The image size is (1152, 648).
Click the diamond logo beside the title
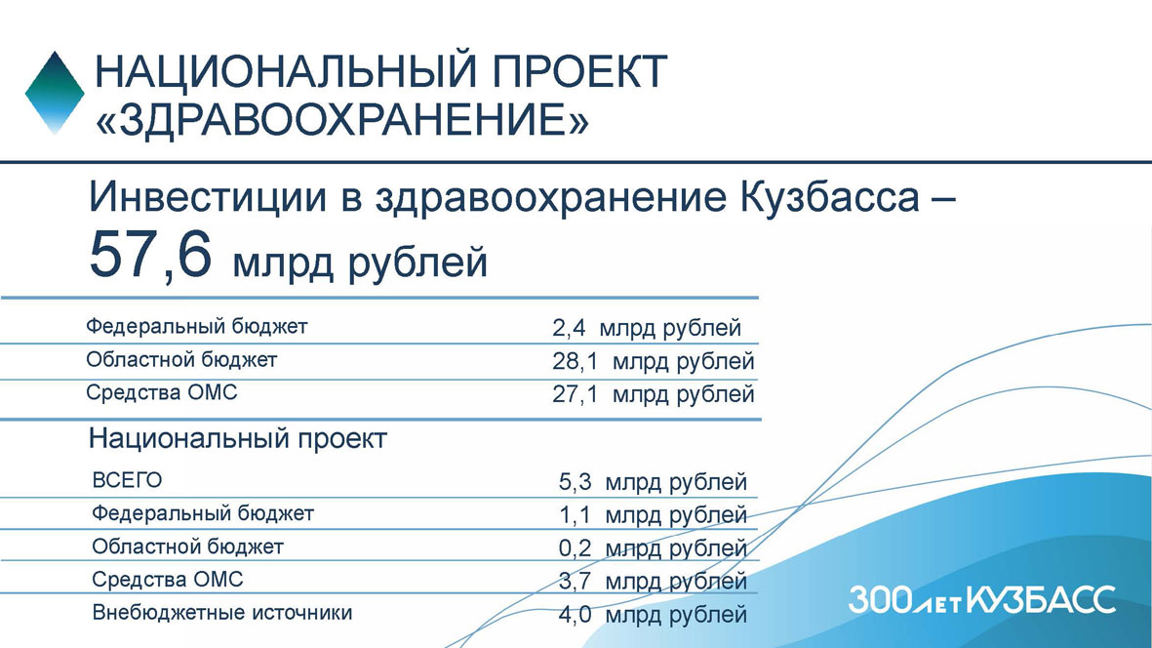(x=55, y=93)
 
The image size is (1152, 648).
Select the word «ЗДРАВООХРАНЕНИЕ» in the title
(x=342, y=119)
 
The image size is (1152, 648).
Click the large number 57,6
(x=150, y=254)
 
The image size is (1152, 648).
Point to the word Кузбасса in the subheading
(x=829, y=197)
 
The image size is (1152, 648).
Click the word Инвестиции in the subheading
(x=208, y=197)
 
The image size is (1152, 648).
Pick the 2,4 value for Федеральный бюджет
(x=569, y=328)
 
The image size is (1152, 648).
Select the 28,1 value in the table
(x=575, y=361)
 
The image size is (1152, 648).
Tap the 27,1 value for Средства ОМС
(x=575, y=394)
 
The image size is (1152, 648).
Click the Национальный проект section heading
(x=237, y=438)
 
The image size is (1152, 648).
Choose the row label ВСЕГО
(x=127, y=480)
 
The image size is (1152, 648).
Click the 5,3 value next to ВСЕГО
(x=575, y=482)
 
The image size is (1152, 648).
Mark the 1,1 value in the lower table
(x=575, y=515)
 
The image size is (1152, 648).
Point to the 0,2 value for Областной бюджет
(x=575, y=548)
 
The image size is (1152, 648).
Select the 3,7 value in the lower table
(x=575, y=581)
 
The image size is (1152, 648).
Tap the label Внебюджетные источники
(x=221, y=613)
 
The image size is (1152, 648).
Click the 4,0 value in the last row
(x=575, y=614)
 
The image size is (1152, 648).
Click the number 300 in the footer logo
(x=880, y=600)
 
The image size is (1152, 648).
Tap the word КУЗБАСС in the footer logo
(x=1041, y=599)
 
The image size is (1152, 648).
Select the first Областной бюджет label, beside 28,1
(x=181, y=360)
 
